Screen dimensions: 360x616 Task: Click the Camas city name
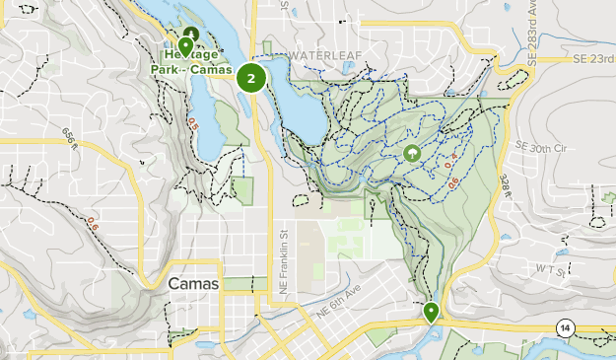click(193, 283)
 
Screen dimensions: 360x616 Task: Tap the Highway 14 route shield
click(565, 327)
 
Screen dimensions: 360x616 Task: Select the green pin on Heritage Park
click(185, 46)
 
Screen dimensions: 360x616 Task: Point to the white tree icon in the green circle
click(411, 154)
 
